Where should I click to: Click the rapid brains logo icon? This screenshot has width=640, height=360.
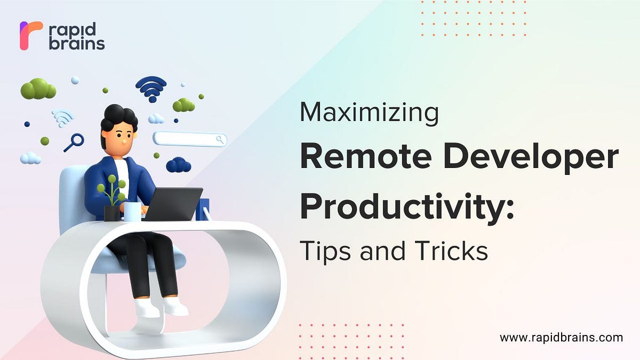[x=30, y=36]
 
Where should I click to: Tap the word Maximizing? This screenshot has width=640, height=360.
[x=369, y=113]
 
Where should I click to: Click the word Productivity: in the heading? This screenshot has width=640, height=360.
[x=406, y=206]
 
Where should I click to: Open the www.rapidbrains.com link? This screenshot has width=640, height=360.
[x=561, y=338]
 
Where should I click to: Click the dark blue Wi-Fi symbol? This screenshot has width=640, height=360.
[x=151, y=87]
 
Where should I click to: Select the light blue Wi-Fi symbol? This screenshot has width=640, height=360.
[x=62, y=117]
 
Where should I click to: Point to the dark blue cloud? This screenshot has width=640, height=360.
[x=178, y=165]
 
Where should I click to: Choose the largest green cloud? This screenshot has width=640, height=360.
[x=38, y=89]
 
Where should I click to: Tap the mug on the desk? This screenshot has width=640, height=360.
[x=132, y=211]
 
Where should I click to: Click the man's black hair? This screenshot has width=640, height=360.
[x=118, y=116]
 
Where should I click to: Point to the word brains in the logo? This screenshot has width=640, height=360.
[x=77, y=44]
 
